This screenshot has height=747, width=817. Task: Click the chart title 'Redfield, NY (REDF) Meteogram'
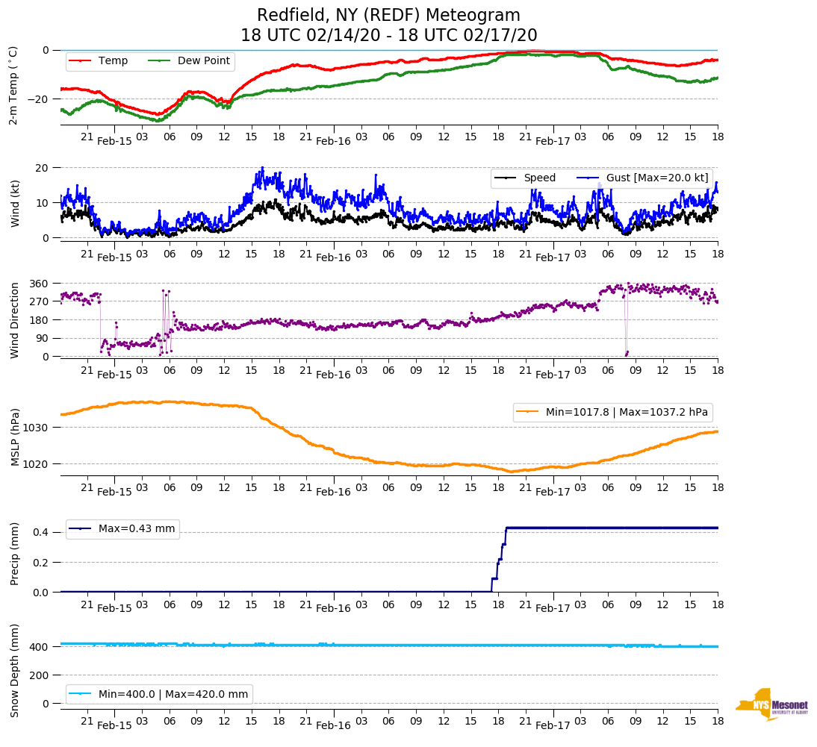coord(388,16)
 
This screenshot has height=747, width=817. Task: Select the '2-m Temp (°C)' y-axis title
coord(13,86)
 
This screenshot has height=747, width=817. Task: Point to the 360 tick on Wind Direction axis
coord(40,284)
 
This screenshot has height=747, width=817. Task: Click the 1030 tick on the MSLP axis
coord(37,428)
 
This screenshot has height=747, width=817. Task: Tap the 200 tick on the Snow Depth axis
coord(40,675)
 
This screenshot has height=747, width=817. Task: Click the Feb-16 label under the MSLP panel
coord(333,492)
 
